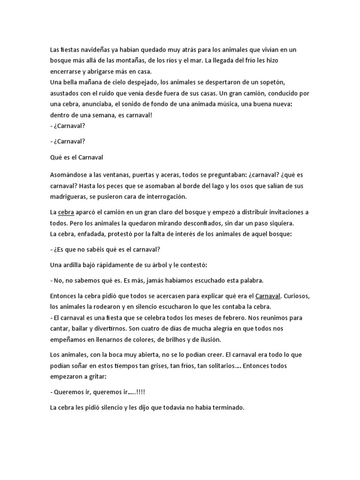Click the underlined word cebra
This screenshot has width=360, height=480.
[x=66, y=212]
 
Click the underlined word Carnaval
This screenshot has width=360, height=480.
[x=268, y=296]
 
